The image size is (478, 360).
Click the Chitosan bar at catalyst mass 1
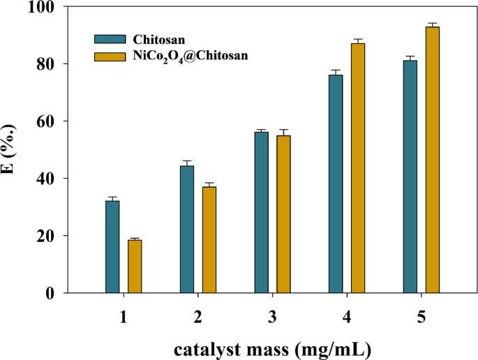[112, 247]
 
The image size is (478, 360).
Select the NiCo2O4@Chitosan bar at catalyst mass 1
[135, 266]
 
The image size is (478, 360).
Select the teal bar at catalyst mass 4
[336, 183]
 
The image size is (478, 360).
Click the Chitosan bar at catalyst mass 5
[410, 177]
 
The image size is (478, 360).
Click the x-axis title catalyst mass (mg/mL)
[272, 347]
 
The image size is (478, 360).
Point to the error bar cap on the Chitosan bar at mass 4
[336, 70]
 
